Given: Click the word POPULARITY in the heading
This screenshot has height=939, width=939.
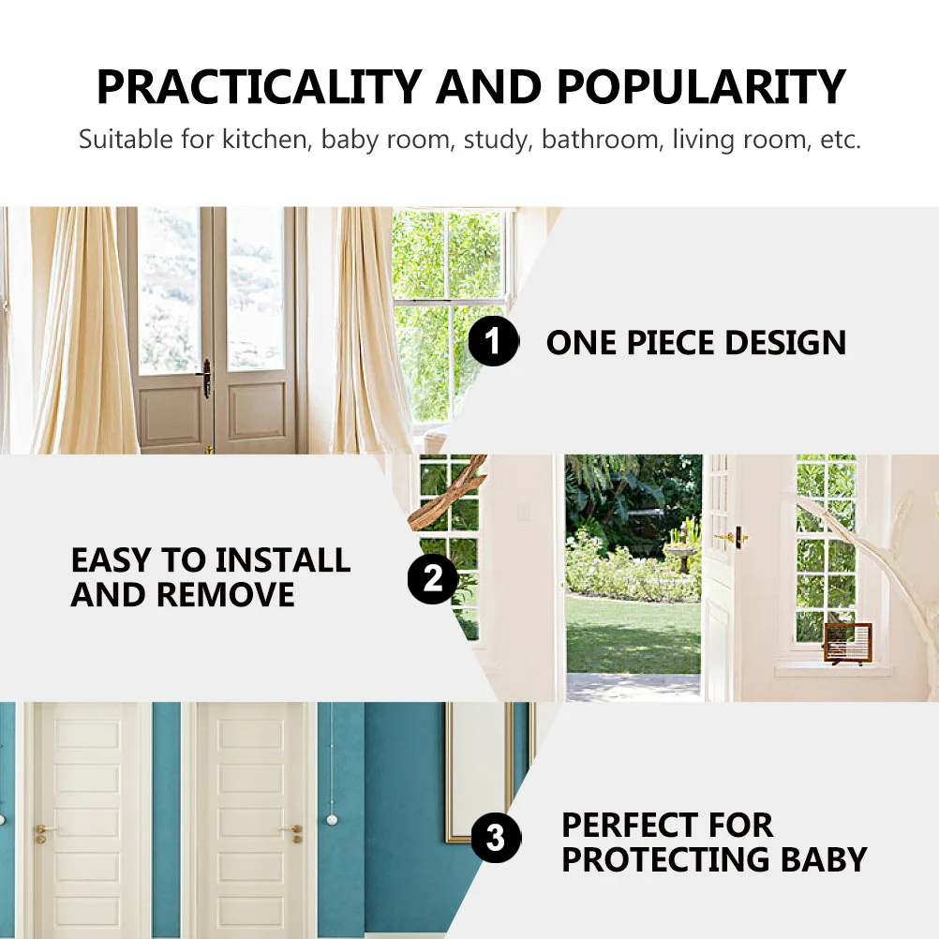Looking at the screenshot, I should click(x=702, y=87).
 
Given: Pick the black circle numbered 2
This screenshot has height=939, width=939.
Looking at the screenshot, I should click(x=432, y=578).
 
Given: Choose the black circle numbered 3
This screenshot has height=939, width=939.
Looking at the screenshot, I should click(x=495, y=837).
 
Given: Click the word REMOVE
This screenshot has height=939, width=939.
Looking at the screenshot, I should click(x=225, y=594).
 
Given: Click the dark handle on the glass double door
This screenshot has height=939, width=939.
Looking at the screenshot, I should click(x=206, y=378).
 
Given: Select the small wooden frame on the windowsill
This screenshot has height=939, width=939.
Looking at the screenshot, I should click(x=846, y=643).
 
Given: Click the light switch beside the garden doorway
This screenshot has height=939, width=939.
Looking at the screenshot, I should click(x=524, y=512).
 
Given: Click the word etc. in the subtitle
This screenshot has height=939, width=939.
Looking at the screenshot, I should click(x=839, y=141).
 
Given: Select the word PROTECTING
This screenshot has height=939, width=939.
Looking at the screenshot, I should click(x=664, y=859).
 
